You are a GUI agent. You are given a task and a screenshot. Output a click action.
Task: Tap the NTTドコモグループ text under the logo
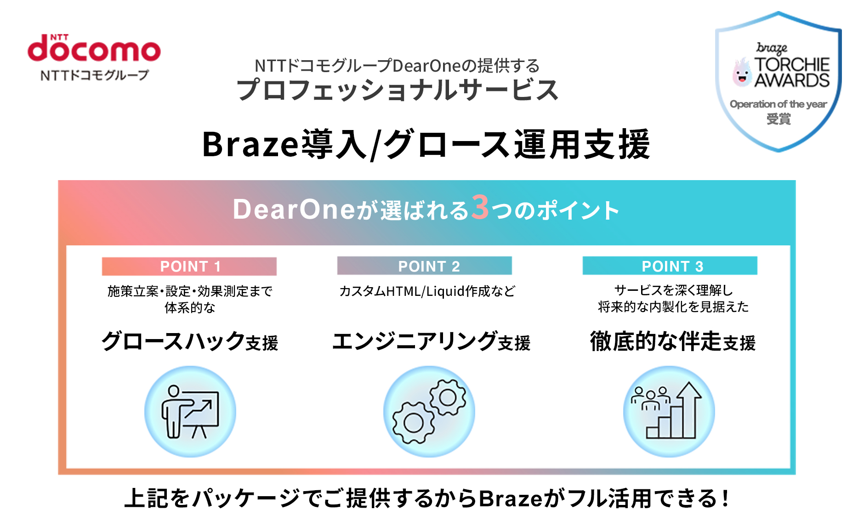95,75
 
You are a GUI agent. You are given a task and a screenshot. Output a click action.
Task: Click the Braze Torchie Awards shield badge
778,82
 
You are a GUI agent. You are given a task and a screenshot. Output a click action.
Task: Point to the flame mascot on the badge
742,73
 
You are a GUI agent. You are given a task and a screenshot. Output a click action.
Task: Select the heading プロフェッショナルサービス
398,90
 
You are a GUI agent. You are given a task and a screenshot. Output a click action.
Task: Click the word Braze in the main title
250,144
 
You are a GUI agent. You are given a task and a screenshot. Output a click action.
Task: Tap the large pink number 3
480,208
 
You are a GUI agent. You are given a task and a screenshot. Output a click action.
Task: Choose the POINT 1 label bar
189,266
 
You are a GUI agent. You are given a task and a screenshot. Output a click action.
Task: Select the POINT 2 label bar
425,266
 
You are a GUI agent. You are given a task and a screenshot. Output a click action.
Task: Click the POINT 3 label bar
670,266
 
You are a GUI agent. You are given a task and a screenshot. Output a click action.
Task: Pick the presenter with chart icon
190,412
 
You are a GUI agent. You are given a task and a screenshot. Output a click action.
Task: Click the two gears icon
429,412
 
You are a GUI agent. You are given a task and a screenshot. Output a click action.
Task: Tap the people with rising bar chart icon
669,412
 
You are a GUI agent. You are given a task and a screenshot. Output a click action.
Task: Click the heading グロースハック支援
190,341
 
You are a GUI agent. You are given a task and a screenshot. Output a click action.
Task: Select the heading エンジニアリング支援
431,341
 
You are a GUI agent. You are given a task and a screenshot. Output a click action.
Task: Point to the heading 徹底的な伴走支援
673,341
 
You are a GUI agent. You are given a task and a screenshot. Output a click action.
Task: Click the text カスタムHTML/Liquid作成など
427,291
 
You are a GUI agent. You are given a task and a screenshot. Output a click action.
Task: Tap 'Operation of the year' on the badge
778,104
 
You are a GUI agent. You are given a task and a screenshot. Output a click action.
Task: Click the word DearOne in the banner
294,210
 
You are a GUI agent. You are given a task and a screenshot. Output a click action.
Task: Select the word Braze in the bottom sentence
510,498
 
